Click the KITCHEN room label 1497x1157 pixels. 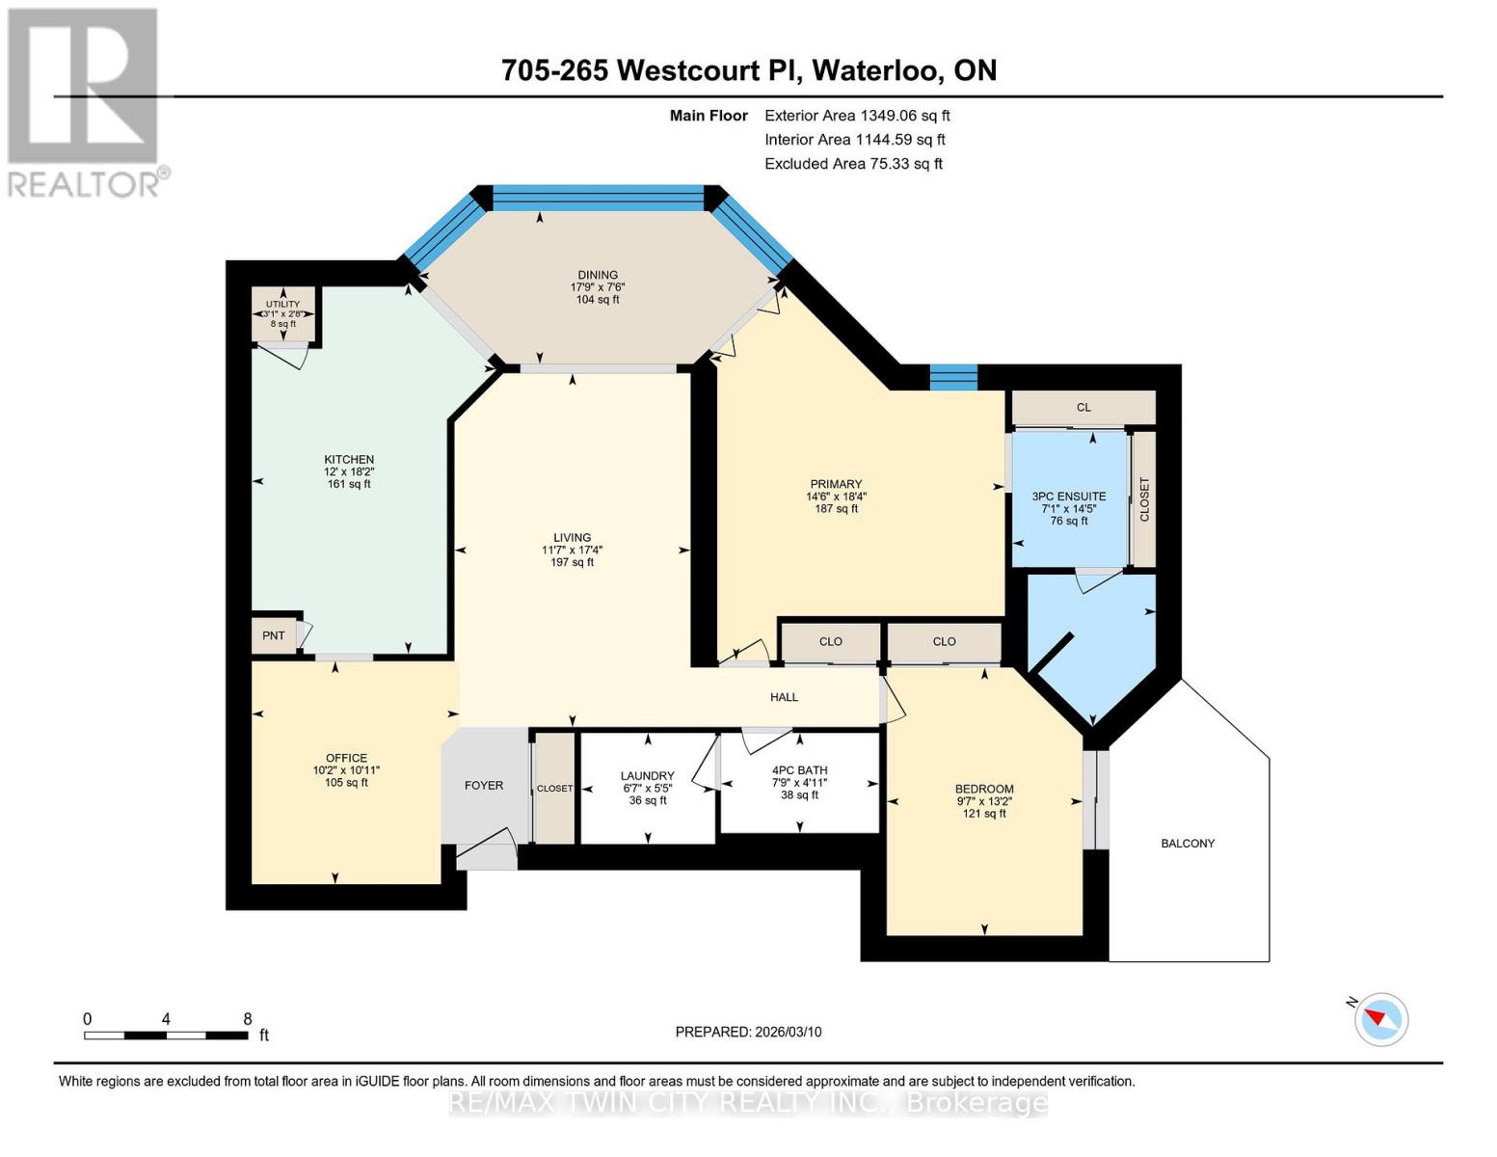coord(349,460)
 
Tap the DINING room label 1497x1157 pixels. coord(598,275)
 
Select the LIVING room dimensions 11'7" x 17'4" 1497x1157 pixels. coord(572,551)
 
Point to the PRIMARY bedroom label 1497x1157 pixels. coord(836,484)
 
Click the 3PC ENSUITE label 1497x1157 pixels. coord(1069,497)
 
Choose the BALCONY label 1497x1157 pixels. coord(1188,844)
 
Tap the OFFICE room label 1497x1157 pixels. coord(346,758)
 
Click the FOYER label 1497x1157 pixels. coord(484,786)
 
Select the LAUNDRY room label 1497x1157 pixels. coord(647,775)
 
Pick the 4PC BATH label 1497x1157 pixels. coord(799,770)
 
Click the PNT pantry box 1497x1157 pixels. coord(274,636)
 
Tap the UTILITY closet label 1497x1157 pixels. coord(283,305)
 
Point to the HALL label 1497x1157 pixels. coord(784,697)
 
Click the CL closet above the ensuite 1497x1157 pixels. coord(1083,408)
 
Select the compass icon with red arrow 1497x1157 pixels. coord(1380,1018)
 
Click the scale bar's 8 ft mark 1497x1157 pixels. coord(248,1020)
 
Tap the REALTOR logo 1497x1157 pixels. coord(85,101)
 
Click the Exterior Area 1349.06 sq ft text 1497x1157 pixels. coord(857,116)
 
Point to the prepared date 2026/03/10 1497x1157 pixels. coord(748,1032)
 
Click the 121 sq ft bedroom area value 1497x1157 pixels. coord(983,814)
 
